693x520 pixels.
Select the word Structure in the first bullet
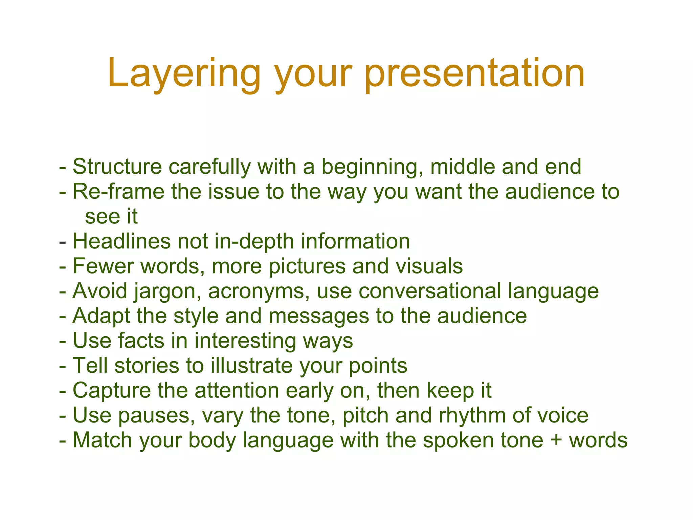(117, 167)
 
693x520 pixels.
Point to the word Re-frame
(118, 192)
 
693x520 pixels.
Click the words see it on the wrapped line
(111, 216)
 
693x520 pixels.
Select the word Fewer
(103, 266)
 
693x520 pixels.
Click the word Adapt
(101, 316)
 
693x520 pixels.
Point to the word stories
(147, 366)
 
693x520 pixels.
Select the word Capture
(112, 390)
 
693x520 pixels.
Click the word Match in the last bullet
(102, 440)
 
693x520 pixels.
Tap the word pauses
(156, 415)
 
